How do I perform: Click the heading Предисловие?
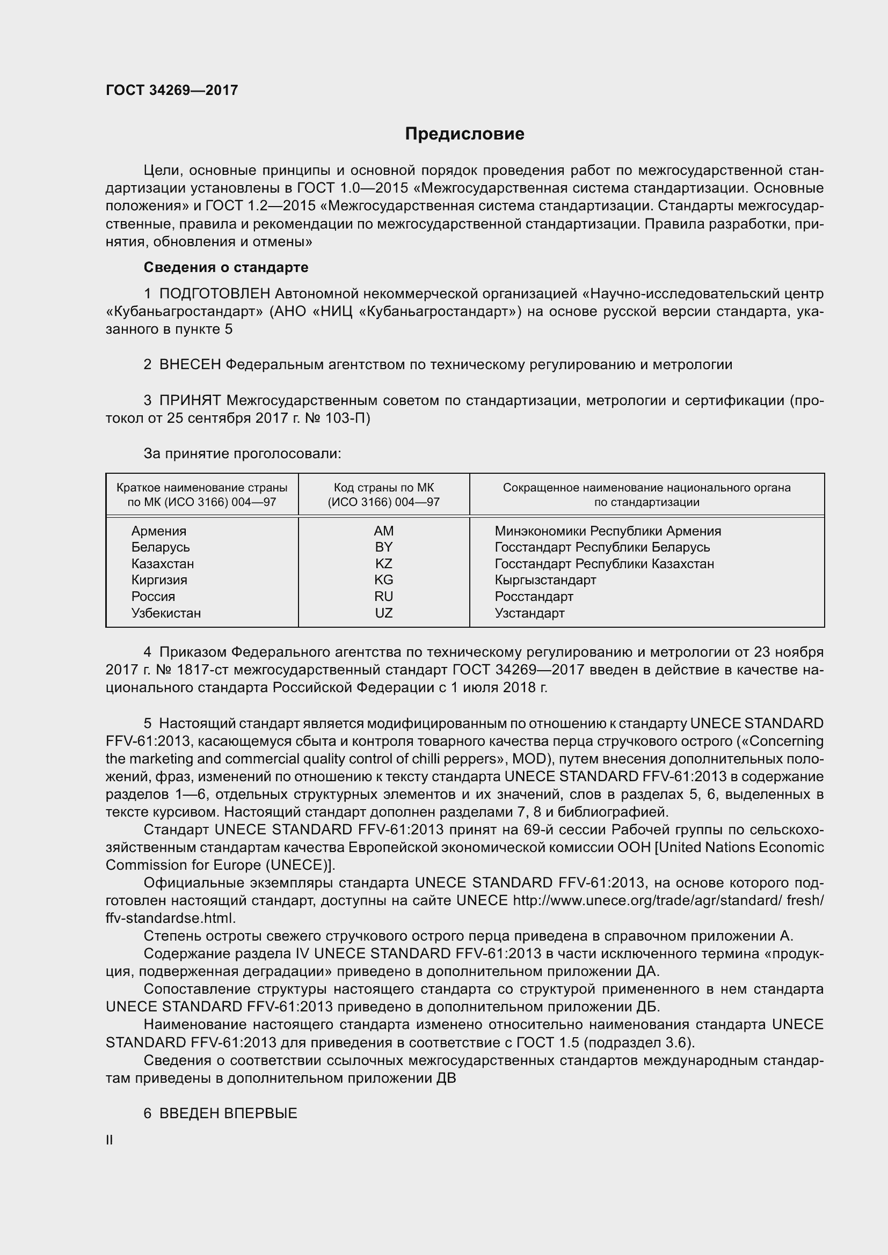point(464,134)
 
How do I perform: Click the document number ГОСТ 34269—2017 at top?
point(172,90)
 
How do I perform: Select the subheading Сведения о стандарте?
point(226,267)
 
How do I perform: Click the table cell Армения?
point(158,531)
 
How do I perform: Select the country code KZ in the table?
point(383,563)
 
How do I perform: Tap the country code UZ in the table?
point(383,613)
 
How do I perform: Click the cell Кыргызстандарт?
point(545,580)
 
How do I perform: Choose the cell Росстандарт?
point(534,596)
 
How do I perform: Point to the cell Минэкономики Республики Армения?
point(608,531)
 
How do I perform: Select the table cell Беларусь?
point(160,547)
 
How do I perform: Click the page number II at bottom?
point(110,1140)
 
